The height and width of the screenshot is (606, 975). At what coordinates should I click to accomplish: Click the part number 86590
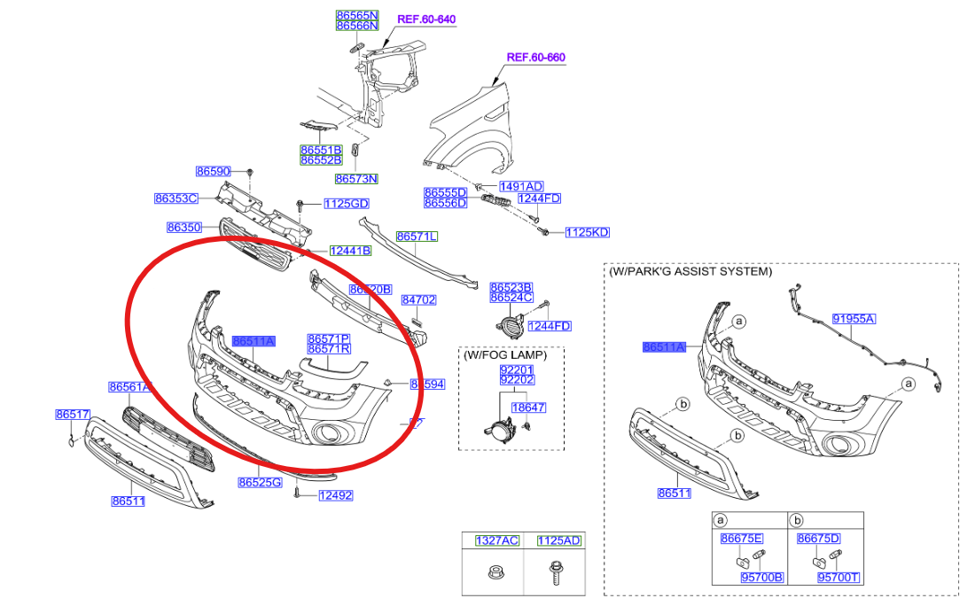(x=213, y=170)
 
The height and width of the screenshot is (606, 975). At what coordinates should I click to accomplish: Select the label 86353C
(x=175, y=198)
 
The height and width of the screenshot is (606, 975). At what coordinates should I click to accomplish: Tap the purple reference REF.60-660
(x=535, y=58)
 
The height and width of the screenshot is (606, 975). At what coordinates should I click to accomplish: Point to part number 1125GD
(x=346, y=204)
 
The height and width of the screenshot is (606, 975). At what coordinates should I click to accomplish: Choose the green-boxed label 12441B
(x=350, y=251)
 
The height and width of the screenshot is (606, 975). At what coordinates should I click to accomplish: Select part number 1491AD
(x=521, y=186)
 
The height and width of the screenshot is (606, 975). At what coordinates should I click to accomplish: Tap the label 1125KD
(x=587, y=233)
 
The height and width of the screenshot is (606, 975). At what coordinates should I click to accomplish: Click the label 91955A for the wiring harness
(x=853, y=318)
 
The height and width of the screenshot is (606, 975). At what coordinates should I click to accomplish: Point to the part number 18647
(x=529, y=408)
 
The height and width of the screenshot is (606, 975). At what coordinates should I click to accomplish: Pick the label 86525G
(x=260, y=483)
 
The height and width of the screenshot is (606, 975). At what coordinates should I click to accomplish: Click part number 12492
(x=336, y=496)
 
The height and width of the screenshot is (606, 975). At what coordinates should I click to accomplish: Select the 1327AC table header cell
(x=496, y=540)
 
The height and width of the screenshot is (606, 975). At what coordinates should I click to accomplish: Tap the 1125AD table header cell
(x=558, y=540)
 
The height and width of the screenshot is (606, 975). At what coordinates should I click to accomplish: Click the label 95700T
(x=838, y=578)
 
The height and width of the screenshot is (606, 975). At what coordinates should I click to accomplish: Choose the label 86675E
(x=742, y=539)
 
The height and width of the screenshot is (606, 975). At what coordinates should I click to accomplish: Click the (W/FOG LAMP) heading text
(x=504, y=354)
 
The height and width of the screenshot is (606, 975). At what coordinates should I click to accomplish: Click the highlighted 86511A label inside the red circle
(x=253, y=341)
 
